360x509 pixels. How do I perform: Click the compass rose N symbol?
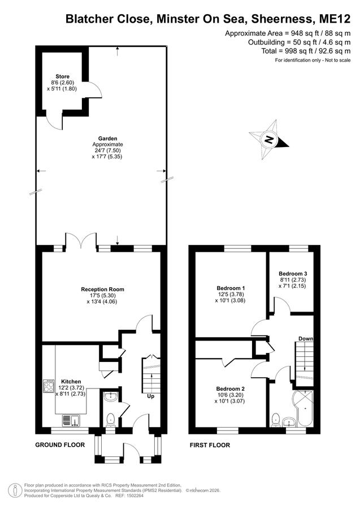click(x=269, y=140)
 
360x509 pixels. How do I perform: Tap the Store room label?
click(x=62, y=76)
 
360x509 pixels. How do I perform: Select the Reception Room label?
click(x=102, y=289)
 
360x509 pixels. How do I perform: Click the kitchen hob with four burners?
click(x=49, y=386)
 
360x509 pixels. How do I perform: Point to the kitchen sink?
click(x=71, y=420)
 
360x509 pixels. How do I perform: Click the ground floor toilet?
click(x=111, y=420)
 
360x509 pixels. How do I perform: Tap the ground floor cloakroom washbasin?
click(x=111, y=396)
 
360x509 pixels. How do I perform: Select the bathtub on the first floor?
click(x=303, y=408)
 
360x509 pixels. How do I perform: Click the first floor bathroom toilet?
click(x=276, y=420)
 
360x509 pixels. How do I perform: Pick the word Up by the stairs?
click(x=151, y=396)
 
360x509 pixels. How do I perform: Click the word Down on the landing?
click(x=306, y=339)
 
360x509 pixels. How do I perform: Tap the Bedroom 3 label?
click(x=293, y=273)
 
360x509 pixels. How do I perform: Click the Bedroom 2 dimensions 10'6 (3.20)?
click(x=229, y=395)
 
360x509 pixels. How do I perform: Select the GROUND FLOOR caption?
click(x=60, y=445)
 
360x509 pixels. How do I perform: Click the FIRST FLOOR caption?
click(x=210, y=446)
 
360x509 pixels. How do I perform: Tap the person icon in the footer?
click(x=14, y=490)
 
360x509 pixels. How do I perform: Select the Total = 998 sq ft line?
click(x=306, y=51)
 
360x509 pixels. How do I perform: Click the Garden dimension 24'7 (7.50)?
click(x=107, y=150)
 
